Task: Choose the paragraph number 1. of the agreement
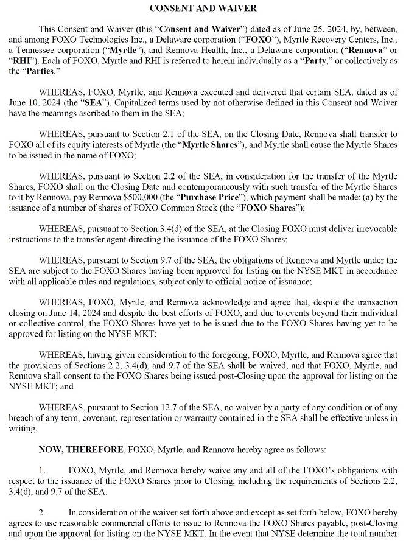click(x=42, y=470)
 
